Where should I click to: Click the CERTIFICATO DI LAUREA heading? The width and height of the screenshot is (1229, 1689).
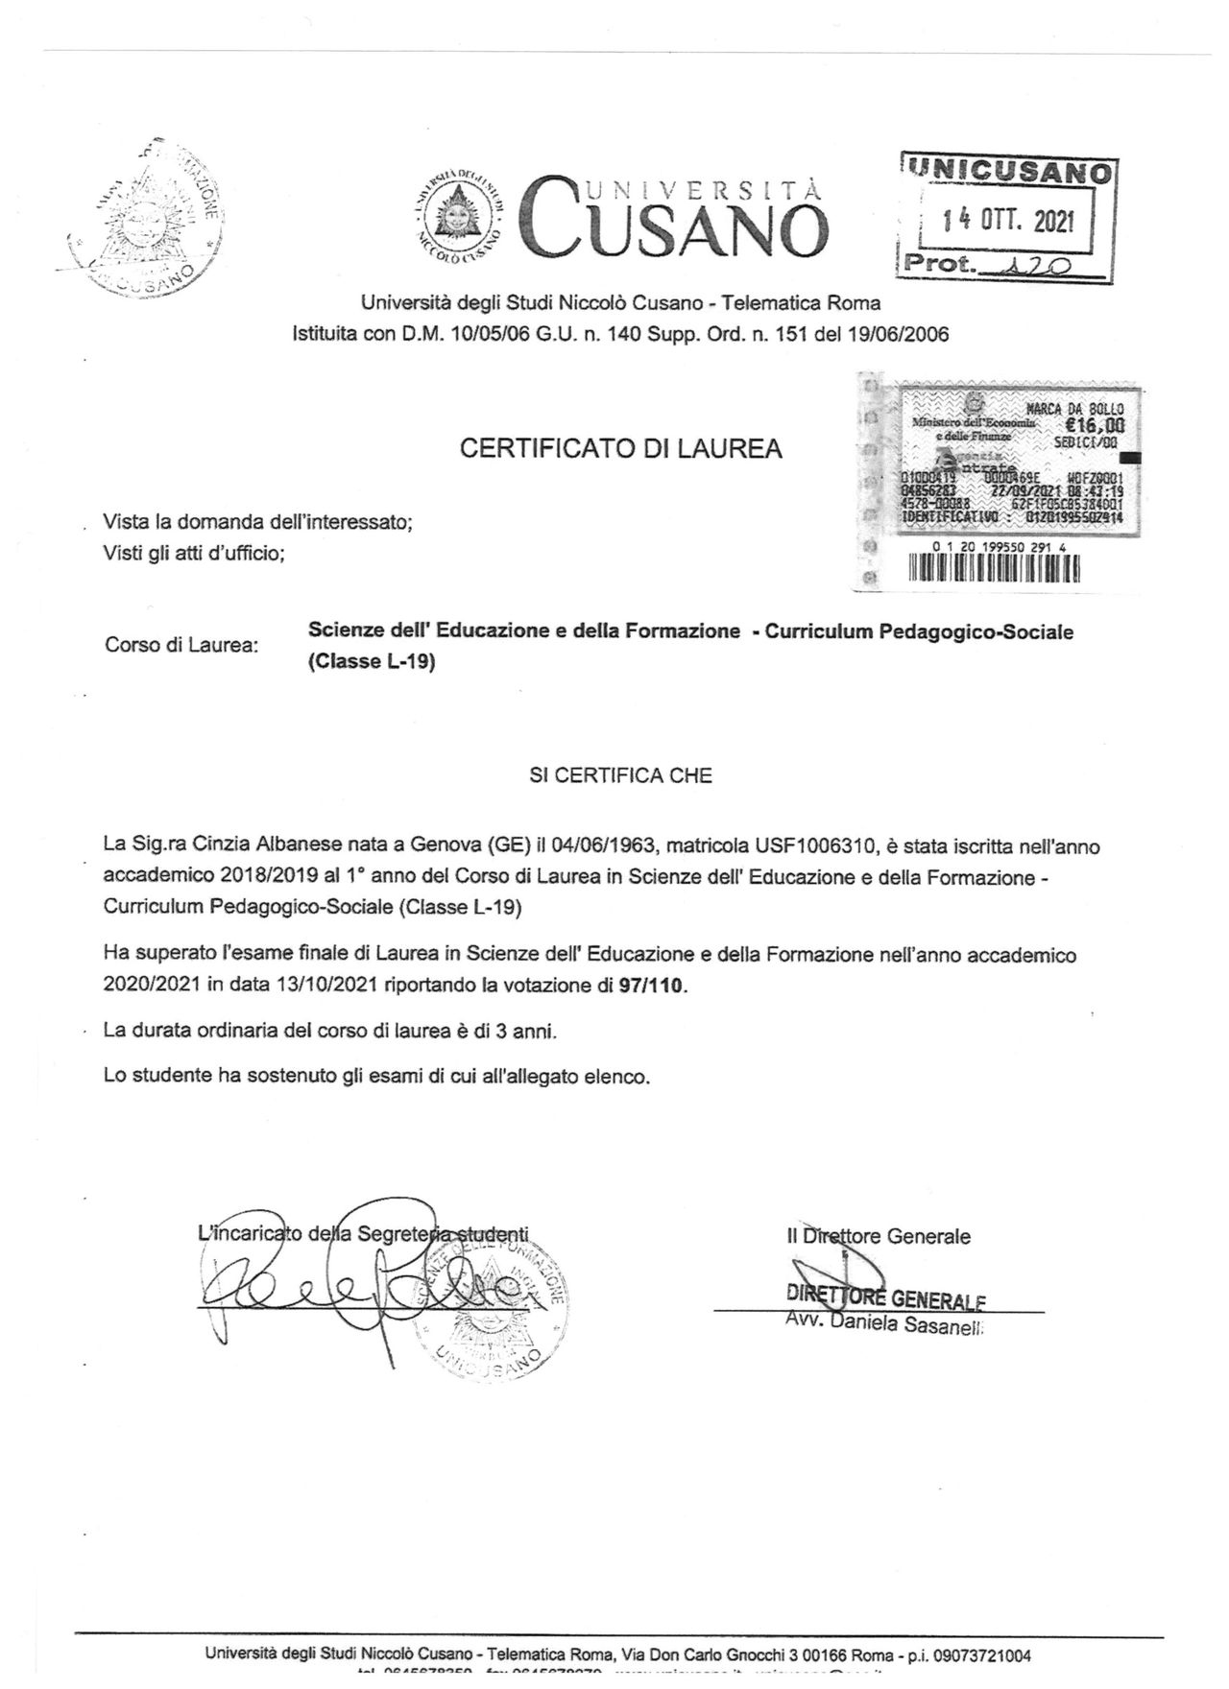click(x=620, y=448)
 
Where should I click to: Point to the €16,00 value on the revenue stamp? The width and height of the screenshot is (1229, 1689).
click(x=1094, y=427)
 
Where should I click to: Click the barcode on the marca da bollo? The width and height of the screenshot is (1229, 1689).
click(x=993, y=568)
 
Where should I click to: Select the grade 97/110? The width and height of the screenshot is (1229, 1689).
click(x=653, y=986)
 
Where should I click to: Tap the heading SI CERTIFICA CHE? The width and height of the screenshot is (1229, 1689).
click(x=620, y=775)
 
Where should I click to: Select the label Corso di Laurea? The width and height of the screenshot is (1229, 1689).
click(x=181, y=645)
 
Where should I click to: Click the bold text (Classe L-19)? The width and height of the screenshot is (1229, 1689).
click(x=372, y=662)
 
